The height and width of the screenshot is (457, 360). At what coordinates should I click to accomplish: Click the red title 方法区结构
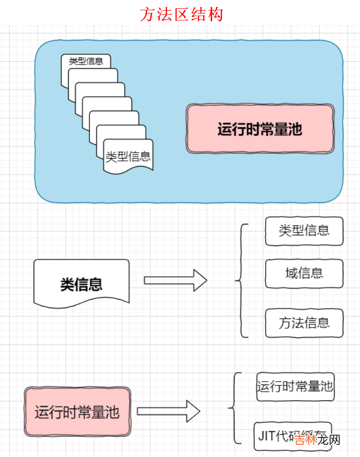(x=181, y=14)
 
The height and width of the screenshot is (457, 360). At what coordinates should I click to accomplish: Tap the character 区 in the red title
(x=181, y=14)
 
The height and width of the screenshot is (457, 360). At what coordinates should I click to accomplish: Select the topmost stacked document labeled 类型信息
(x=86, y=61)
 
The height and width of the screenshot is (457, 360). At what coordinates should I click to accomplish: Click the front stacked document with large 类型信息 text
(x=128, y=156)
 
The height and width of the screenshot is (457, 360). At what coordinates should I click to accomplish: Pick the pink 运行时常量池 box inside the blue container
(x=260, y=129)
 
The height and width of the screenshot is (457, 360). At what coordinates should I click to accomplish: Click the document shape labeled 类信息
(x=81, y=284)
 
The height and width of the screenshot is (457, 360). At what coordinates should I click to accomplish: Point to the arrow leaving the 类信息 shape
(x=176, y=281)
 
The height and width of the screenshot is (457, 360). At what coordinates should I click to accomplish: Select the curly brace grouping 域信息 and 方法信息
(x=241, y=281)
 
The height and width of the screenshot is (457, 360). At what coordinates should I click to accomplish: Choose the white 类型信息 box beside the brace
(x=304, y=231)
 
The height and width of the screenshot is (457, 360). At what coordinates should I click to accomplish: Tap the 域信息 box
(x=304, y=273)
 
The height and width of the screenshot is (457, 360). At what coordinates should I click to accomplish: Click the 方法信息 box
(x=304, y=323)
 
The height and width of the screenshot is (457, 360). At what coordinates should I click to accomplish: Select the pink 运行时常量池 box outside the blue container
(x=77, y=412)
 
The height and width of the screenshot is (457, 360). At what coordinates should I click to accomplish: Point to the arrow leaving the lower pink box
(x=168, y=411)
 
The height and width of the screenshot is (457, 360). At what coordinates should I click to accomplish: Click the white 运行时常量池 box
(x=295, y=387)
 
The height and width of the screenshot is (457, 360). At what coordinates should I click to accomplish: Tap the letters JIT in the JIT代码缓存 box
(x=266, y=434)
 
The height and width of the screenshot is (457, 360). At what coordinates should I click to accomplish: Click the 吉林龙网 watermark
(x=317, y=439)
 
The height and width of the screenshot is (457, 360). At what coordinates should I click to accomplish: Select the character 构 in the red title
(x=215, y=14)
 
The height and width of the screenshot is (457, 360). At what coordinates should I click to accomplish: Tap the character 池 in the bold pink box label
(x=294, y=130)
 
